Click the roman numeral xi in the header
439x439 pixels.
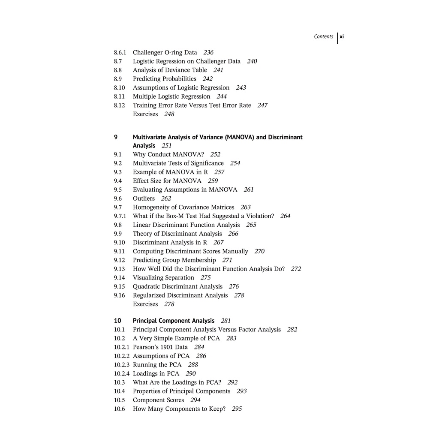pyautogui.click(x=342, y=37)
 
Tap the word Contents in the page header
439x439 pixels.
pyautogui.click(x=323, y=37)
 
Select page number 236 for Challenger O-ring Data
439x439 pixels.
pyautogui.click(x=208, y=53)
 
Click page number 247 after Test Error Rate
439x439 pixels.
pyautogui.click(x=262, y=105)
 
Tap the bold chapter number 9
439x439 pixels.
pyautogui.click(x=116, y=137)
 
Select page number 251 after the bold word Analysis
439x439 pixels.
pyautogui.click(x=167, y=146)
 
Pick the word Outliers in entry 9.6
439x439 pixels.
pyautogui.click(x=144, y=198)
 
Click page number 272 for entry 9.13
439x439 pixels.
pyautogui.click(x=296, y=269)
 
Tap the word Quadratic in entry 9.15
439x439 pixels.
pyautogui.click(x=147, y=286)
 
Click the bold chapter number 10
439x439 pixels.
pyautogui.click(x=117, y=321)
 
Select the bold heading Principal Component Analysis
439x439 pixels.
pyautogui.click(x=174, y=321)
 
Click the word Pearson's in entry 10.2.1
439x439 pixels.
pyautogui.click(x=146, y=347)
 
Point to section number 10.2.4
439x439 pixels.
pyautogui.click(x=121, y=373)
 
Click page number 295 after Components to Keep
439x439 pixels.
pyautogui.click(x=237, y=409)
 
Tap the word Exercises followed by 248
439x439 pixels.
pyautogui.click(x=145, y=114)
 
